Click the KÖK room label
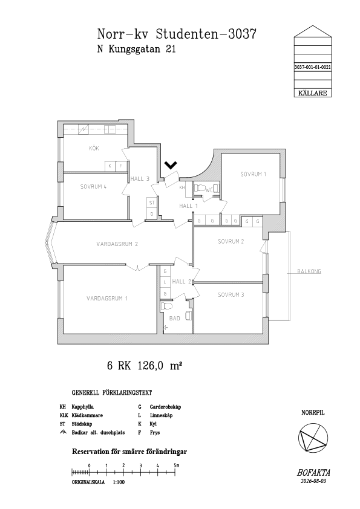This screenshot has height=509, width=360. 94,148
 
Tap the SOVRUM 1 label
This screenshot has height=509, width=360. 253,174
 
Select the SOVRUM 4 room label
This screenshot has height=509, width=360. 93,187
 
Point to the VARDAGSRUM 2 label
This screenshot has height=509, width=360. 117,244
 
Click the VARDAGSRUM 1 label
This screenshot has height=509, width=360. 107,298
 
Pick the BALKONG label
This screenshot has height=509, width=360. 309,271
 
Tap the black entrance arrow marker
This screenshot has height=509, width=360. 171,166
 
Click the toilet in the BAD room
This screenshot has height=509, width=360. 167,306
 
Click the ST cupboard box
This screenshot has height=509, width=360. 152,203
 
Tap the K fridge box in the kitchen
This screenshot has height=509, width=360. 110,166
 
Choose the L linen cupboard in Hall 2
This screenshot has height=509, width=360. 165,282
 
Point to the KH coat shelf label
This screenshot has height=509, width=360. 182,187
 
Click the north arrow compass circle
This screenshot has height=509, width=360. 313,438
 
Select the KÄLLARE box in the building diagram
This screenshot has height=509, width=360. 313,93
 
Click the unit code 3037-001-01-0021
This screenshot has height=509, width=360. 313,68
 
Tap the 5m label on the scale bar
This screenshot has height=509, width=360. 177,465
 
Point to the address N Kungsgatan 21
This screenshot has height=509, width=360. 137,49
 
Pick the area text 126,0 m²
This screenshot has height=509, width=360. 160,366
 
